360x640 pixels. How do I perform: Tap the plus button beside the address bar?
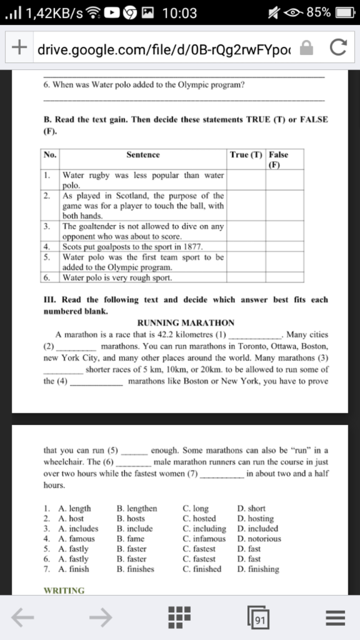[19, 47]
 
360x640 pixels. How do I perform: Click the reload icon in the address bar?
[338, 47]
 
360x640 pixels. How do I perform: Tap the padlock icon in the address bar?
[306, 48]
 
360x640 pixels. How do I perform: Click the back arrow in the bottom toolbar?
[22, 617]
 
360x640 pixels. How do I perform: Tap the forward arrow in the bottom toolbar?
[101, 617]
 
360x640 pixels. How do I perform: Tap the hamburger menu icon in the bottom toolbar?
[335, 617]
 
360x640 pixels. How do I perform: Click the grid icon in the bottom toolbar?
[179, 617]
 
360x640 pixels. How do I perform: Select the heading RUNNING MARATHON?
[186, 323]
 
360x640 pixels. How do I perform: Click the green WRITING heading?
[64, 590]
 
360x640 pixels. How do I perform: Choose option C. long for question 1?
[195, 508]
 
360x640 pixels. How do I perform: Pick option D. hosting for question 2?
[255, 519]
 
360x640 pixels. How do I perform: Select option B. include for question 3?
[135, 529]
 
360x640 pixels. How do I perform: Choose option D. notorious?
[259, 539]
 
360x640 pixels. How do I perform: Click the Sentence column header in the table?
[143, 155]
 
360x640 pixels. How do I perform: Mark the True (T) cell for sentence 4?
[246, 247]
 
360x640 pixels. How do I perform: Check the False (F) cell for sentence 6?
[284, 277]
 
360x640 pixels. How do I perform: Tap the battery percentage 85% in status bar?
[318, 13]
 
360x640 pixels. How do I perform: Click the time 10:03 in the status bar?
[179, 13]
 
